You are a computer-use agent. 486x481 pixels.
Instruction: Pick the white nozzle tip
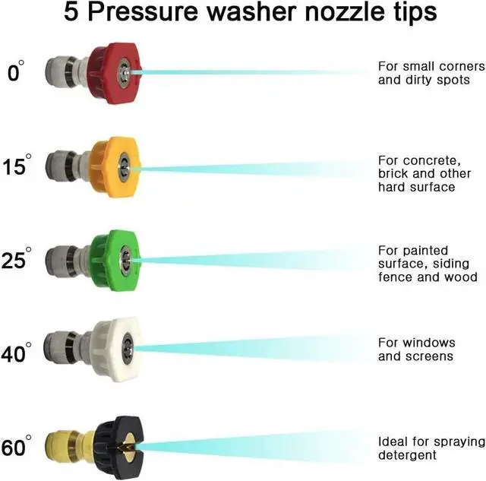coord(114,348)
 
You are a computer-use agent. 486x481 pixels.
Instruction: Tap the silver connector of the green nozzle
coord(65,258)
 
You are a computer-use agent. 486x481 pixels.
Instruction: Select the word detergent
coord(407,455)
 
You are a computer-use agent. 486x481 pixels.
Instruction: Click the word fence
coord(395,277)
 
